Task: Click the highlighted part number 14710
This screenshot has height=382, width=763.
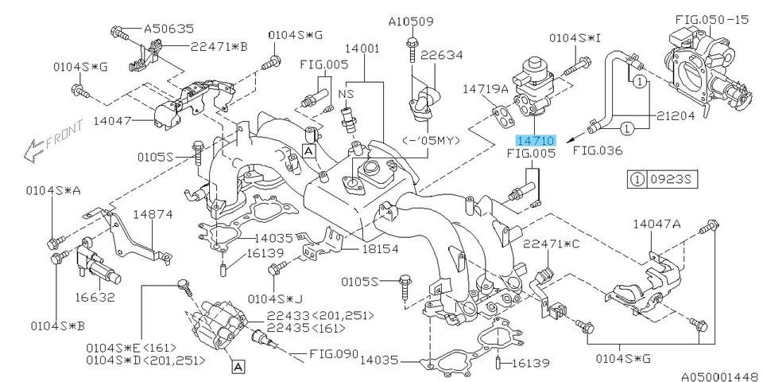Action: click(x=539, y=139)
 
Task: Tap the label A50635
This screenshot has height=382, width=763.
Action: click(x=168, y=29)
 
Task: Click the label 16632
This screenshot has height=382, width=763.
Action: click(x=95, y=298)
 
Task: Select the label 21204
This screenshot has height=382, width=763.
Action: click(x=677, y=115)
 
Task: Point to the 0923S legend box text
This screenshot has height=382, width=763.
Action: click(x=672, y=179)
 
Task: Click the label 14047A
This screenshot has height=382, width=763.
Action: click(x=656, y=225)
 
